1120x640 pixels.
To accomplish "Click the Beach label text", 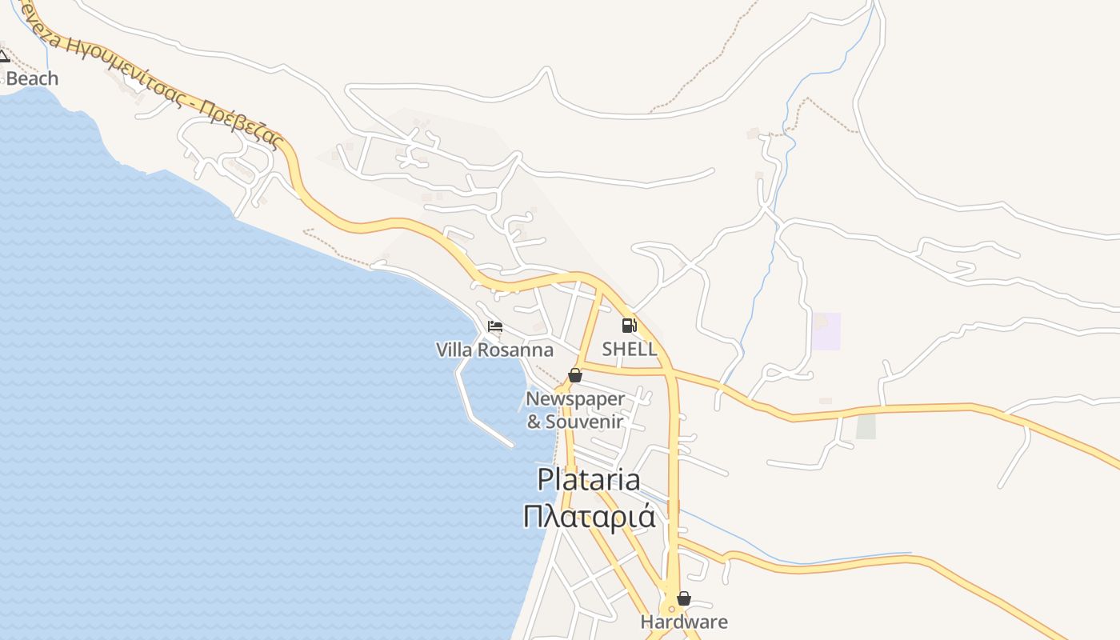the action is tap(33, 78).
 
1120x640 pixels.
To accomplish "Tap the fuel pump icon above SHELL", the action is tap(629, 326).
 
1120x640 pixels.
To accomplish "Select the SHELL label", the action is tap(630, 349).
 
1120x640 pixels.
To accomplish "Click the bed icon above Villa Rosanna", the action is tap(495, 326).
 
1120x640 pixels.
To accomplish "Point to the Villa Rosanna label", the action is tap(494, 350).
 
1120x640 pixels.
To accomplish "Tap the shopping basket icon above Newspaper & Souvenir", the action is tap(574, 375).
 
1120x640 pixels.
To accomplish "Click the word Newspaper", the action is tap(574, 398).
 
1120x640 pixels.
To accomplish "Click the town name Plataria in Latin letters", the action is tap(589, 479).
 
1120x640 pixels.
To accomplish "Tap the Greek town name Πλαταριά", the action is tap(589, 516).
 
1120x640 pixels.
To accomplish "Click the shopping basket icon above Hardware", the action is tap(683, 598).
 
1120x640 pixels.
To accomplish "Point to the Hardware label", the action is tap(684, 622).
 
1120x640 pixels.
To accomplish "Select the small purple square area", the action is tap(827, 331).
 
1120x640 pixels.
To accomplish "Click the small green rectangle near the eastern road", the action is tap(866, 425).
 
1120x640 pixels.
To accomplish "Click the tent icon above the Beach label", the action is tap(3, 56).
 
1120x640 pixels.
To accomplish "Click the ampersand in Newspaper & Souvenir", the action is tap(534, 422).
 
